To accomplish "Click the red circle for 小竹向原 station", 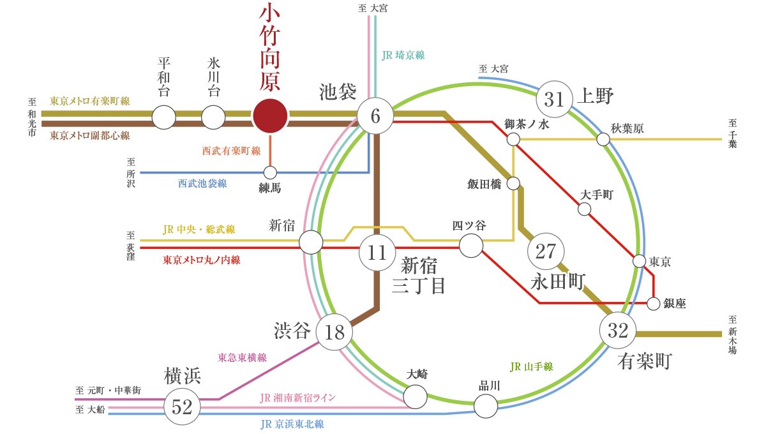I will [271, 116].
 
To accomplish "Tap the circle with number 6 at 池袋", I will [375, 116].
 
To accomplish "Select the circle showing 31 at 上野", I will [555, 100].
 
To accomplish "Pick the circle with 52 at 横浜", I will [182, 407].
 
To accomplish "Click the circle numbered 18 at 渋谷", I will [334, 332].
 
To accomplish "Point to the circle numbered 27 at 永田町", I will [546, 251].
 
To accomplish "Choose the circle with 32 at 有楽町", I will [618, 331].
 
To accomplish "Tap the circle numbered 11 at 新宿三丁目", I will [377, 252].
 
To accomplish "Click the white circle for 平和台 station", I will [164, 117].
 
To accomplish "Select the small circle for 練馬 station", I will [270, 172].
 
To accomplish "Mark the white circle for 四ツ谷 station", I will [471, 246].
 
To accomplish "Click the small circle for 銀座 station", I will [653, 304].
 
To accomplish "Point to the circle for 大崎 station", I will [416, 396].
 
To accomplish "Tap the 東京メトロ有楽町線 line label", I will [90, 101].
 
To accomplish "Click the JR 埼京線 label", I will [403, 56].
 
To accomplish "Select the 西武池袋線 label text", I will [202, 184].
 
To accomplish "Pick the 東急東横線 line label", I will [242, 357].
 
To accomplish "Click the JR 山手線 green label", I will [531, 367].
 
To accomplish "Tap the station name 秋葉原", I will [627, 128].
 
